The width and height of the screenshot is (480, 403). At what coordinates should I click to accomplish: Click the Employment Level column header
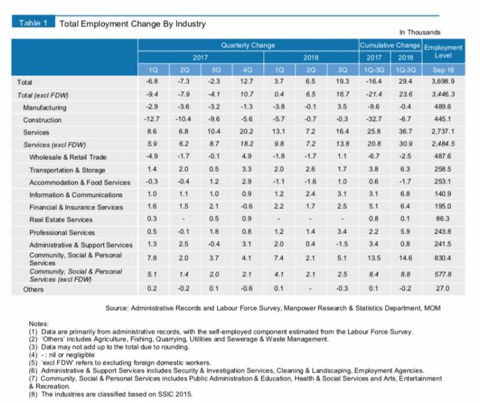(x=443, y=51)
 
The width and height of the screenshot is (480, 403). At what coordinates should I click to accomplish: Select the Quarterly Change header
(x=248, y=46)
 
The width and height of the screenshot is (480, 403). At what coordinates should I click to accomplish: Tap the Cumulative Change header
(x=389, y=46)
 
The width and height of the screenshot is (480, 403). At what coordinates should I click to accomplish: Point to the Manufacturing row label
(x=44, y=108)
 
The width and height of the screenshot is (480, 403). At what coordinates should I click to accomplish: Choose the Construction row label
(x=43, y=120)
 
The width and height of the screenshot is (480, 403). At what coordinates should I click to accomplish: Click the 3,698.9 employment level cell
(x=443, y=81)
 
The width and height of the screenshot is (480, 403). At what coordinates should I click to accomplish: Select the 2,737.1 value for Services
(x=443, y=132)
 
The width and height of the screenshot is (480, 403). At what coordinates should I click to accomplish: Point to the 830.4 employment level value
(x=443, y=258)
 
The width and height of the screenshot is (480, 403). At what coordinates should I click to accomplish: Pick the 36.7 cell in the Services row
(x=403, y=132)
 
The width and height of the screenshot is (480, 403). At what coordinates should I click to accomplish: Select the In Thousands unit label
(x=419, y=32)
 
